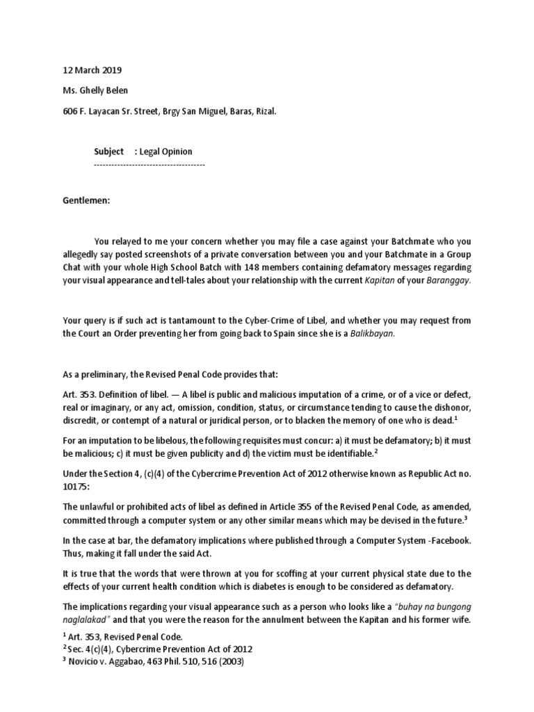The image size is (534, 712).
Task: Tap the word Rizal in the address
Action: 265,110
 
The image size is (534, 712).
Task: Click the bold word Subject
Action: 109,151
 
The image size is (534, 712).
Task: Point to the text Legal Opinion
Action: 166,151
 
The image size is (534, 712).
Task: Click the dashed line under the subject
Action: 149,164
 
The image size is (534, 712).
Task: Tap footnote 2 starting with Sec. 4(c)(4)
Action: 157,649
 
